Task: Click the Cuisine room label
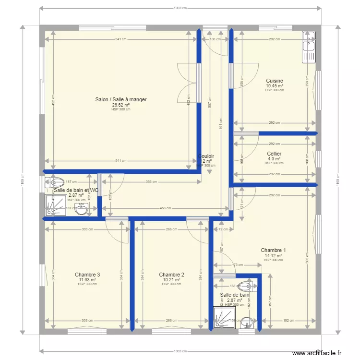274,81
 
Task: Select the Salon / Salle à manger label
120,100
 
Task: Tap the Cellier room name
274,154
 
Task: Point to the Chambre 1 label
274,250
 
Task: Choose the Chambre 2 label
171,275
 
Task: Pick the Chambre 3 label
87,275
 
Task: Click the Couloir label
206,156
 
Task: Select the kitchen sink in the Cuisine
309,47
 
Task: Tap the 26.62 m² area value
120,105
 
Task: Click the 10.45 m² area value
274,86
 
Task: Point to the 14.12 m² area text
274,255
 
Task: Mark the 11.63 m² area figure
87,279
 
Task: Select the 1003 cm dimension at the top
180,8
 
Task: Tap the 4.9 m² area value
274,159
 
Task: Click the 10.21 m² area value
171,279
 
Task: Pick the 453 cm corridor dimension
166,208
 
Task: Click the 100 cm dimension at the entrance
213,39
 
